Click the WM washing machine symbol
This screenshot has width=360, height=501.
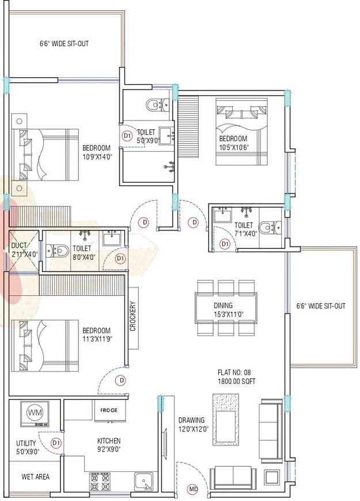[x=34, y=413]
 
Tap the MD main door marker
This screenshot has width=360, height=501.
[x=194, y=489]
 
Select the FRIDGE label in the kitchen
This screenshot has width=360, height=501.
[x=109, y=410]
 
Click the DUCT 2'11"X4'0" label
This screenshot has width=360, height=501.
[x=24, y=249]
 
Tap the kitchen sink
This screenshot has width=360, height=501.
[x=142, y=480]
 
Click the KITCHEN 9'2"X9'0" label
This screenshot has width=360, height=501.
[x=108, y=445]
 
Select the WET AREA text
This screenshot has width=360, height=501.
[x=35, y=477]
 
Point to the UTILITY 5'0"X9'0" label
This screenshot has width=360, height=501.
[x=26, y=447]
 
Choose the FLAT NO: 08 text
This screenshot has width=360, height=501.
[x=241, y=372]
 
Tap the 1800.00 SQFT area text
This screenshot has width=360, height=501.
[x=241, y=382]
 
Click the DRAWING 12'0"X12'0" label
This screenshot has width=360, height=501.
[x=192, y=424]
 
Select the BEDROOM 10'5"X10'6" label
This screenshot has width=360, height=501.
[x=233, y=143]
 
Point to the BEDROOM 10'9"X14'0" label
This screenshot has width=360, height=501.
[x=96, y=152]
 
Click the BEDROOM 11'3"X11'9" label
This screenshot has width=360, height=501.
[x=96, y=334]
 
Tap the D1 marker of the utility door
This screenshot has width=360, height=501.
[x=56, y=443]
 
